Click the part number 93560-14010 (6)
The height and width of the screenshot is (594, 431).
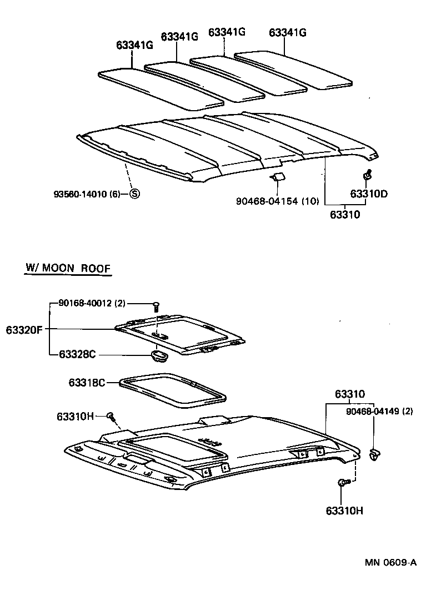87,194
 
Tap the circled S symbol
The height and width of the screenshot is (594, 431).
134,194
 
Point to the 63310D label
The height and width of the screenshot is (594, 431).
368,194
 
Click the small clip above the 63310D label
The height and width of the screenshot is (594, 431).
367,176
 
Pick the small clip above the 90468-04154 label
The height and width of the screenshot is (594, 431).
278,177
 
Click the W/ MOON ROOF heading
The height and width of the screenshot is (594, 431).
68,268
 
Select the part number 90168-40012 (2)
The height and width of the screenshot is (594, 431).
92,303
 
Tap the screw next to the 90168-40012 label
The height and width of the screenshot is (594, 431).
156,305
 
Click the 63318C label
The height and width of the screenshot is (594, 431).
87,383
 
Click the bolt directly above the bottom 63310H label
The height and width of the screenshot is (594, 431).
342,483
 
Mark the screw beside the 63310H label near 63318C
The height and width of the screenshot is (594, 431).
112,415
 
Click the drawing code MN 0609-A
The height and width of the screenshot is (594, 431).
390,562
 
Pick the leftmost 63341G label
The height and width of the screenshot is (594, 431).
134,45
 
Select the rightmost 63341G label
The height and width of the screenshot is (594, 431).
287,32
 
